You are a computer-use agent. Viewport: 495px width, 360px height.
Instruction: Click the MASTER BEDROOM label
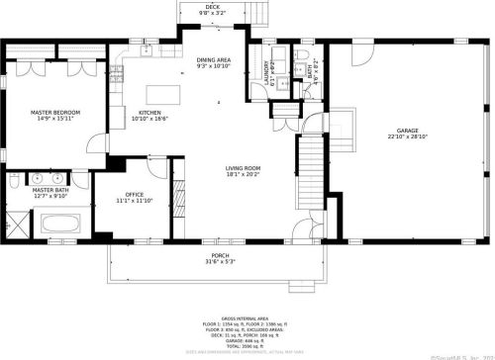[54, 112]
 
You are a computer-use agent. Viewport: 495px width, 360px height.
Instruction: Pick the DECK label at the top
[213, 7]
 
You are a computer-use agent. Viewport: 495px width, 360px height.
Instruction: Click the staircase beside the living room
[312, 163]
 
